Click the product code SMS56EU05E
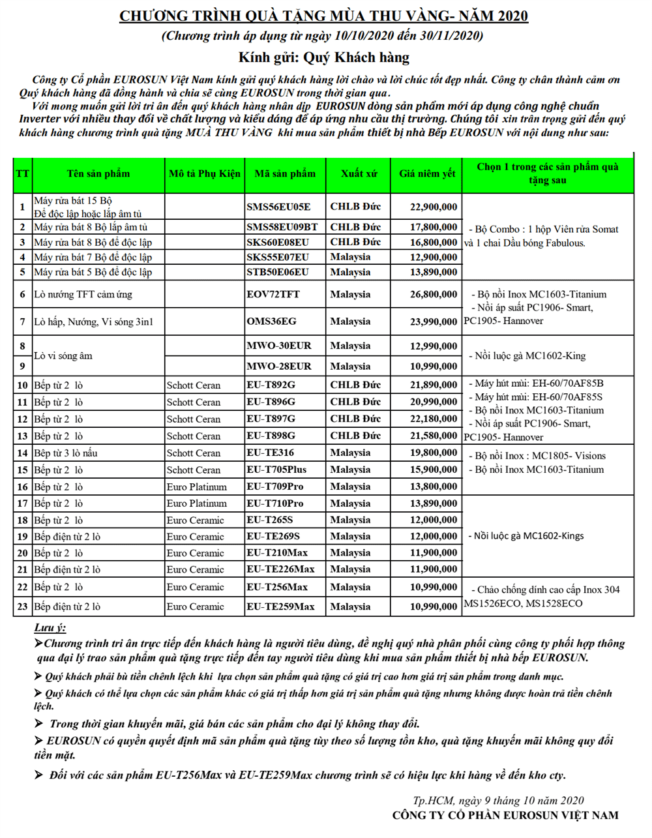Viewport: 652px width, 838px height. (278, 207)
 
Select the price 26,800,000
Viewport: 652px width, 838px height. (434, 295)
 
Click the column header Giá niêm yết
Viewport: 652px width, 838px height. (427, 174)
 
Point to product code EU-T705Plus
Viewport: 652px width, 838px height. (276, 470)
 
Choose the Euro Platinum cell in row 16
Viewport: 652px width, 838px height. (197, 487)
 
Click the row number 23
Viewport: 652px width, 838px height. (23, 607)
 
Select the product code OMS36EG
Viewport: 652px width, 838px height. (271, 322)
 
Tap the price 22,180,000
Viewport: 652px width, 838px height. (434, 419)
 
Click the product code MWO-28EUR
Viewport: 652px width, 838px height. (279, 367)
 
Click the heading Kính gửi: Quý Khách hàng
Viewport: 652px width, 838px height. (323, 57)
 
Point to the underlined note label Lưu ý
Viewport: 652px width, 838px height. (50, 628)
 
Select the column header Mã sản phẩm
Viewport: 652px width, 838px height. (285, 174)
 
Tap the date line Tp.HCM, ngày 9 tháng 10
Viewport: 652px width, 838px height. (498, 800)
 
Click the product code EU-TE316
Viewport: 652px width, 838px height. (270, 453)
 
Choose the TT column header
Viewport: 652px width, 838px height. (23, 174)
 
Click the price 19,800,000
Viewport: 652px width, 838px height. (434, 453)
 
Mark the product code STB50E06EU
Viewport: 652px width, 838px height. (278, 272)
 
